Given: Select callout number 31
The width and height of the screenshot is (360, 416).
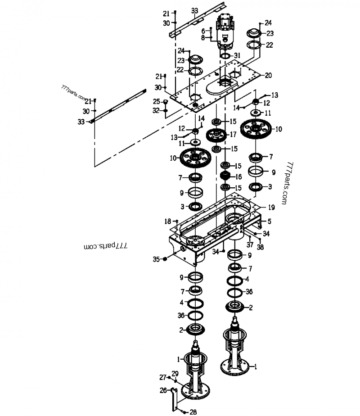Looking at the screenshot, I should click(238, 55).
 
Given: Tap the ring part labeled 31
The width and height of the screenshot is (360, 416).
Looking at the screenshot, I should click(225, 56).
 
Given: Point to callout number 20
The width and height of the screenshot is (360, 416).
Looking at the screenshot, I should click(268, 76).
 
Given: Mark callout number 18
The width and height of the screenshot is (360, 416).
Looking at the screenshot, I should click(168, 221).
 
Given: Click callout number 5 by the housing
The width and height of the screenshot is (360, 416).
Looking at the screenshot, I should click(270, 221).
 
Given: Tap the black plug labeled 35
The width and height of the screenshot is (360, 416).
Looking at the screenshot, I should click(166, 259).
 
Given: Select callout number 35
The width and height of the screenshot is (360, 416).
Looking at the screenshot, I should click(156, 259).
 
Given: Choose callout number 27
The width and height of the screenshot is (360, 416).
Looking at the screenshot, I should click(163, 377).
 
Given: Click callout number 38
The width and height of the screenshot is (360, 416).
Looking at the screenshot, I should click(260, 247).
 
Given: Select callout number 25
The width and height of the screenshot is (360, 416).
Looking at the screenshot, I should click(156, 101).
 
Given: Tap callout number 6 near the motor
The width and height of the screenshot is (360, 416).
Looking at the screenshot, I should click(203, 31).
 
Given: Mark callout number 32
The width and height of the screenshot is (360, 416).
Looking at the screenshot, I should click(156, 110).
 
